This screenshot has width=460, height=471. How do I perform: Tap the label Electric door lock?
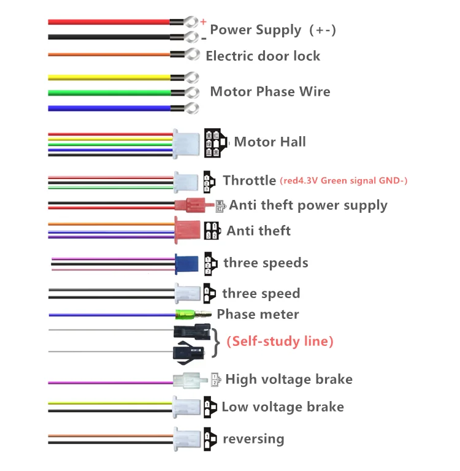(x=263, y=56)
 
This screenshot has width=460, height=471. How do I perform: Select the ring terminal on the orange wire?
(x=193, y=54)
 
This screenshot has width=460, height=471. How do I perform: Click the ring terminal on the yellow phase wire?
(x=192, y=78)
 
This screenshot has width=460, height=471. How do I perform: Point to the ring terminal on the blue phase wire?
(x=192, y=108)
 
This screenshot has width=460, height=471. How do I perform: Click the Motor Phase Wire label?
(x=270, y=91)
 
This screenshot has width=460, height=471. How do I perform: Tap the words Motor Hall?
(x=270, y=142)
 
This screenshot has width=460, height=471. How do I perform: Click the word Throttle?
(x=249, y=180)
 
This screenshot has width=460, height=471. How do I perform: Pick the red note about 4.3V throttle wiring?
(x=343, y=181)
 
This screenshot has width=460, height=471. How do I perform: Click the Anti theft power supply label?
(x=308, y=205)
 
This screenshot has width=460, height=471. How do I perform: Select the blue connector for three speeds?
(x=185, y=264)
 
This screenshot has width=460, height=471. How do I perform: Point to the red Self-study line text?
(x=280, y=342)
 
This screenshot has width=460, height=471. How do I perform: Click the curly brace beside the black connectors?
(x=216, y=342)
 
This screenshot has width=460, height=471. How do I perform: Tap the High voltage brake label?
(x=289, y=379)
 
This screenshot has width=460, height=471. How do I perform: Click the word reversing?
(x=253, y=439)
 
